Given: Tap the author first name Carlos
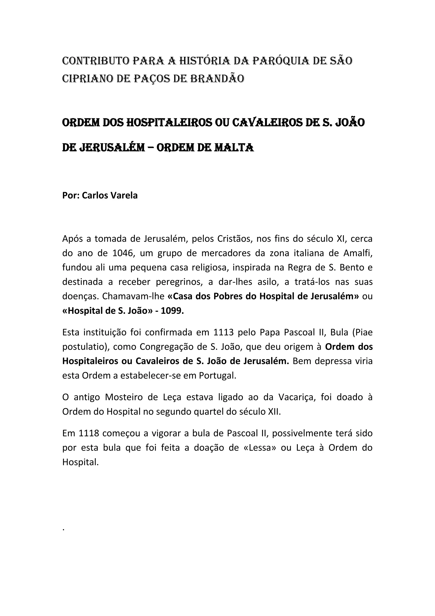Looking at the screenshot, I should [96, 195].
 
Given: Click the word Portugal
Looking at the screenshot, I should [217, 375].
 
